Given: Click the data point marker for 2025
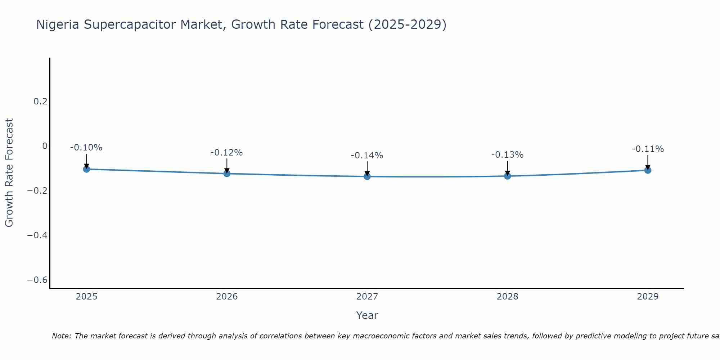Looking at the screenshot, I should pyautogui.click(x=86, y=169).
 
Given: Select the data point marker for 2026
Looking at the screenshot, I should pyautogui.click(x=227, y=174).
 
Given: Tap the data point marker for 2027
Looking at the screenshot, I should pyautogui.click(x=367, y=176).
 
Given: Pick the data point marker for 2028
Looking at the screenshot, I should pyautogui.click(x=508, y=176).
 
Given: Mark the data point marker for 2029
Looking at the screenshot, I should pyautogui.click(x=648, y=170).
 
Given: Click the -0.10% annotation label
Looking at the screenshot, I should pyautogui.click(x=86, y=148).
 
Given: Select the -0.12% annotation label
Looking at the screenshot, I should pyautogui.click(x=227, y=153).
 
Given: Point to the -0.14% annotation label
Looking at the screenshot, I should pyautogui.click(x=367, y=156).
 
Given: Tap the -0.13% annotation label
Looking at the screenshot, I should pyautogui.click(x=508, y=155).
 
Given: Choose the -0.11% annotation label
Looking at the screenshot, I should pyautogui.click(x=648, y=149).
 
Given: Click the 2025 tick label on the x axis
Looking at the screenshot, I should pyautogui.click(x=86, y=297).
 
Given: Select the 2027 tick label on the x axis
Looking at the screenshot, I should pyautogui.click(x=367, y=297).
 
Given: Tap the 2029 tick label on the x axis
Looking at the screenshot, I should pyautogui.click(x=648, y=297).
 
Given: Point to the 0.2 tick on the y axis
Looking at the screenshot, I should pyautogui.click(x=40, y=102).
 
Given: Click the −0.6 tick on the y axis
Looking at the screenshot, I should pyautogui.click(x=37, y=280).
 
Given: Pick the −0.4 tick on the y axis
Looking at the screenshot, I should pyautogui.click(x=37, y=235).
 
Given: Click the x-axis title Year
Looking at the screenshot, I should pyautogui.click(x=367, y=315).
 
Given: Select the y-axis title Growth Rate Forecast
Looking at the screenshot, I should pyautogui.click(x=9, y=173).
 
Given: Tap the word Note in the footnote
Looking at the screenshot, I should pyautogui.click(x=61, y=336).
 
